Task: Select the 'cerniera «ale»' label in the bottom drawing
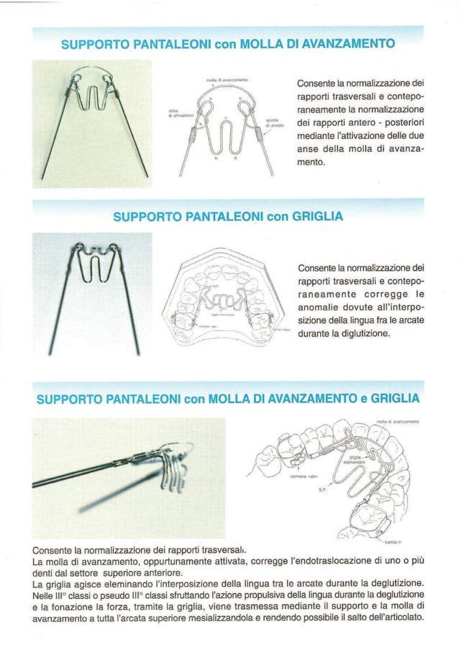(305, 476)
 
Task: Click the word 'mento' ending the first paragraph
(310, 163)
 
